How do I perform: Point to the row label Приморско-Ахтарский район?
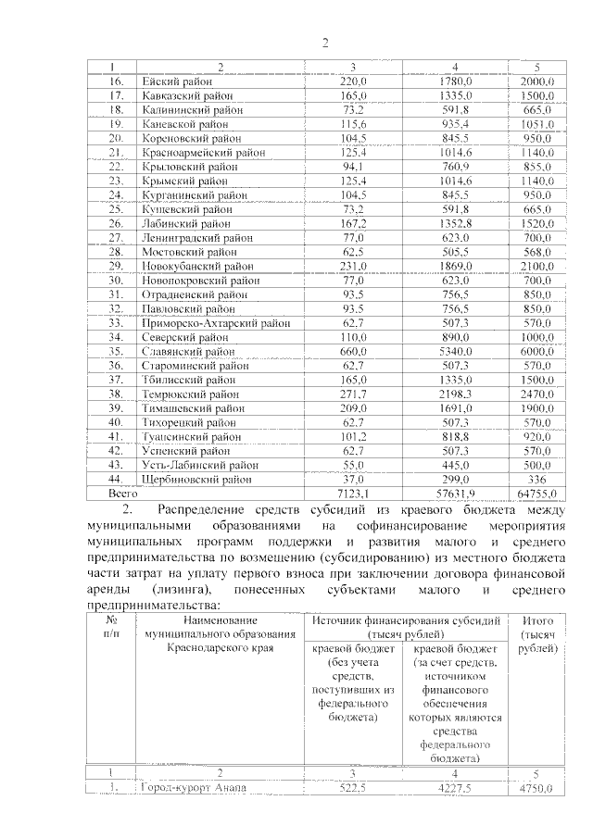tap(216, 324)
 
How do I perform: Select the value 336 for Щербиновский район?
tap(537, 480)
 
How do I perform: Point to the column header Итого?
tap(538, 619)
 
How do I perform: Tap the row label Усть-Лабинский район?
tap(199, 465)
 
